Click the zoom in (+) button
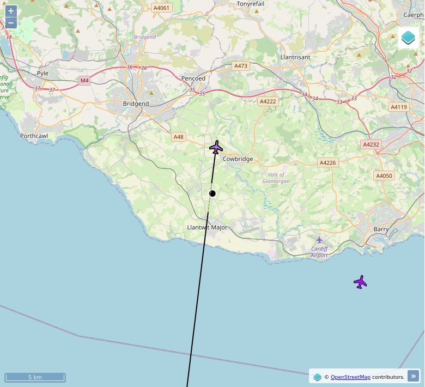pyautogui.click(x=11, y=11)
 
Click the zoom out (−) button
pyautogui.click(x=11, y=23)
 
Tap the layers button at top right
pyautogui.click(x=408, y=38)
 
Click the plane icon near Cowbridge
pyautogui.click(x=216, y=147)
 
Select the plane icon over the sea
pyautogui.click(x=360, y=282)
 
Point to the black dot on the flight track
pyautogui.click(x=212, y=194)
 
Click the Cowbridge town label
pyautogui.click(x=238, y=159)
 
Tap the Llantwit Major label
pyautogui.click(x=207, y=227)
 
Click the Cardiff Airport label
pyautogui.click(x=319, y=252)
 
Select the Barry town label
pyautogui.click(x=381, y=229)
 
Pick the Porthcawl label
pyautogui.click(x=34, y=136)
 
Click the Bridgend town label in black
pyautogui.click(x=136, y=104)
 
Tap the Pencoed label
pyautogui.click(x=193, y=78)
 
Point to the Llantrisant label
pyautogui.click(x=295, y=57)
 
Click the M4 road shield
pyautogui.click(x=84, y=81)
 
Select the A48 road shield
pyautogui.click(x=179, y=137)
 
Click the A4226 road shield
pyautogui.click(x=327, y=162)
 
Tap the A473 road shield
pyautogui.click(x=240, y=66)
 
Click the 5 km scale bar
pyautogui.click(x=35, y=377)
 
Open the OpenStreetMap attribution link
pyautogui.click(x=350, y=377)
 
